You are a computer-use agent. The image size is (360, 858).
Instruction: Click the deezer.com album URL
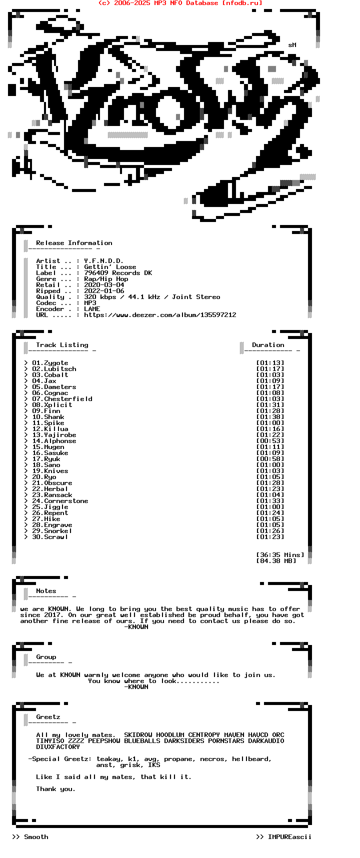(x=160, y=315)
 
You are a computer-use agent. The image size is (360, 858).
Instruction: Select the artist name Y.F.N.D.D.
(x=103, y=261)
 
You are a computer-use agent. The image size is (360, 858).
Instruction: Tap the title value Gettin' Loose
(x=110, y=267)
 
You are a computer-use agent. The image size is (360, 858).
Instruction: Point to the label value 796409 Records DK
(x=118, y=273)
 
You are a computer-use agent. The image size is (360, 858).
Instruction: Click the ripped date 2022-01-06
(x=104, y=291)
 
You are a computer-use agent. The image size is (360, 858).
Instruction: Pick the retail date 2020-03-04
(x=104, y=285)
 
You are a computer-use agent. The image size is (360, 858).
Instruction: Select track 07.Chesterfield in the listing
(x=62, y=399)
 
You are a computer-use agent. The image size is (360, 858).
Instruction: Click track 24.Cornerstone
(x=60, y=501)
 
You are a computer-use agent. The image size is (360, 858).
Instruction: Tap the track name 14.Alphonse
(x=54, y=441)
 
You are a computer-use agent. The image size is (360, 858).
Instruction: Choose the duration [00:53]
(x=270, y=441)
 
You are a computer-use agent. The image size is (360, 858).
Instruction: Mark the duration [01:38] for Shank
(x=270, y=417)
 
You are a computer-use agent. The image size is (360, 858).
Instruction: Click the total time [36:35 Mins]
(x=280, y=555)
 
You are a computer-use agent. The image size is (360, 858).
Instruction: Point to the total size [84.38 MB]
(x=276, y=561)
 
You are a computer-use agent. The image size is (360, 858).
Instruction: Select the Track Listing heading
(x=62, y=345)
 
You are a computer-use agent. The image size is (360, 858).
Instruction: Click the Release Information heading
(x=74, y=243)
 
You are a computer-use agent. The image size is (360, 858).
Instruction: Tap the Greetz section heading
(x=48, y=717)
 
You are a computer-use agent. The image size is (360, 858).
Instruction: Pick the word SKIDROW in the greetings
(x=138, y=735)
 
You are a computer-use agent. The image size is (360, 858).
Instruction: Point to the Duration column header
(x=268, y=345)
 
